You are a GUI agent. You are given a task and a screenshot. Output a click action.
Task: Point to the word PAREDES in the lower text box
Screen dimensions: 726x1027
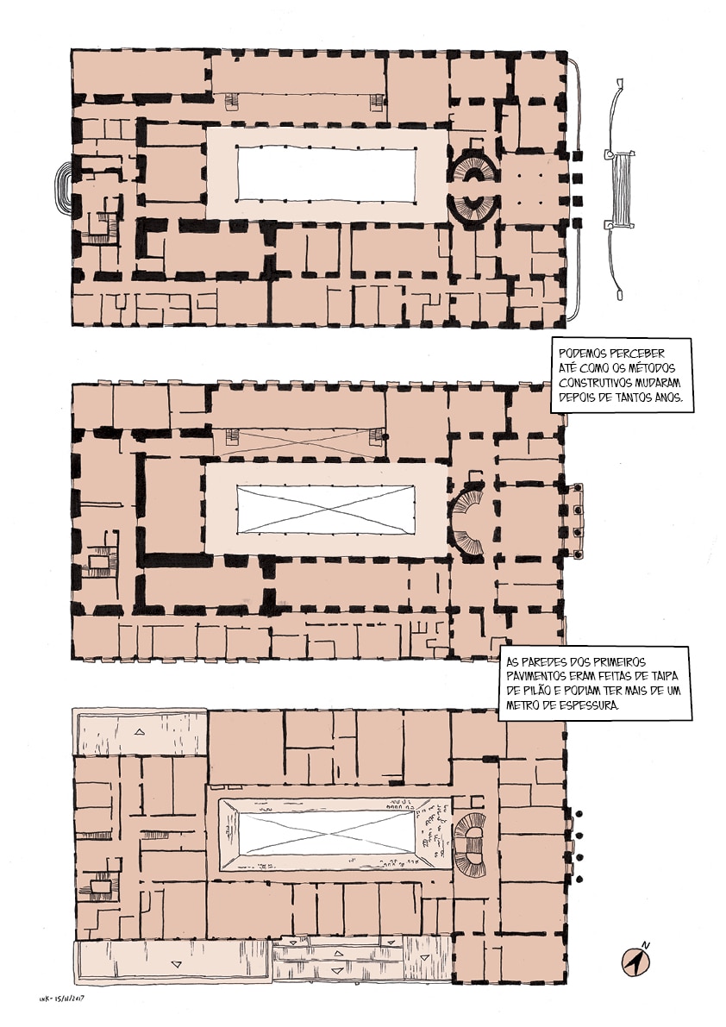(548, 662)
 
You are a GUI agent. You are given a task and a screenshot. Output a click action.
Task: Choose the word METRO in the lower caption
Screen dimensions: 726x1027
(523, 705)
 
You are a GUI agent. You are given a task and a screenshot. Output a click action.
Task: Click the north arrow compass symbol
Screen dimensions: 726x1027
(633, 961)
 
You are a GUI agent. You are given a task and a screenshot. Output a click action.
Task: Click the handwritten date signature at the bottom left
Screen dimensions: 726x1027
(63, 999)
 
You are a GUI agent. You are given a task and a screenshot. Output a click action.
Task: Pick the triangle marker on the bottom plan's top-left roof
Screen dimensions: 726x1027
(140, 731)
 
